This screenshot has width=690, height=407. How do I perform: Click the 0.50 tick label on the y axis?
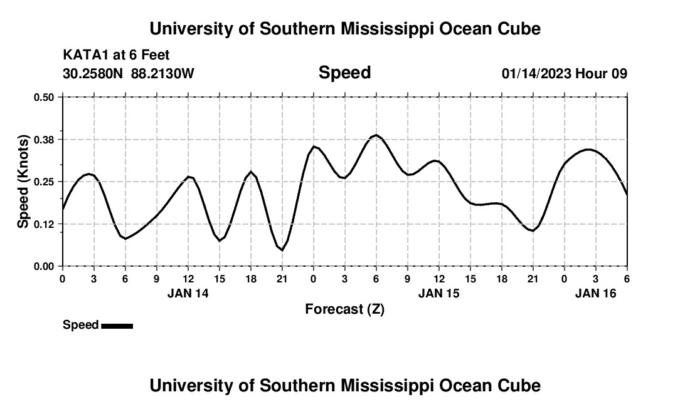click(45, 97)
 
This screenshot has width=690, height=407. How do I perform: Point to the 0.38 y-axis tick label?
click(45, 139)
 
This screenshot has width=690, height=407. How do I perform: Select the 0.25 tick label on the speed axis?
click(45, 182)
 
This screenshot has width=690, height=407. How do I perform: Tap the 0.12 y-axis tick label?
click(45, 224)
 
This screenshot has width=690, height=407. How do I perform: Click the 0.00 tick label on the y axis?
click(45, 266)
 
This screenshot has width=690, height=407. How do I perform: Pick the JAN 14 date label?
click(188, 293)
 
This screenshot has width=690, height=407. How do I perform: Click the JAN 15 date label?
click(439, 293)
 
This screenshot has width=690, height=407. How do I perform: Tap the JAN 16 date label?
click(596, 293)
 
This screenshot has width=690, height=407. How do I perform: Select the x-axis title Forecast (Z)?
click(344, 309)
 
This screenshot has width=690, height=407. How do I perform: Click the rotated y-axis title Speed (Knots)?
click(23, 182)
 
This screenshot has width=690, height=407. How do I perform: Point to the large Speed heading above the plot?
click(344, 73)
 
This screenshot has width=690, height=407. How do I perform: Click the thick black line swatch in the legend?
click(117, 326)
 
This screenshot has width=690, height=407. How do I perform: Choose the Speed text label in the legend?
click(80, 325)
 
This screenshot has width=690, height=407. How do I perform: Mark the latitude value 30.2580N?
click(93, 74)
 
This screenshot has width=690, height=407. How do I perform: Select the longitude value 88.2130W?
click(162, 74)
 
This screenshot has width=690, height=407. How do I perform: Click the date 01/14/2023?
click(536, 74)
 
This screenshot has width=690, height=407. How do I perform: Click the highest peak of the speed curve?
click(376, 135)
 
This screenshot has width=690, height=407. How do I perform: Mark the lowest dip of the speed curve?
click(282, 250)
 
